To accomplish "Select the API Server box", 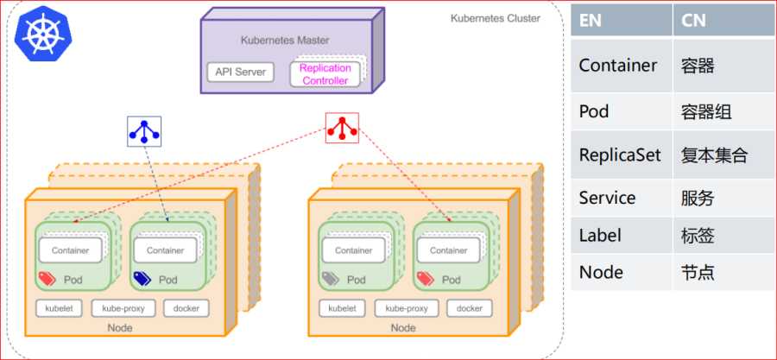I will point(240,72).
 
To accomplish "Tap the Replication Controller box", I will point(325,73).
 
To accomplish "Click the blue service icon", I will point(143,129).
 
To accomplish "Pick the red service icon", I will point(342,129).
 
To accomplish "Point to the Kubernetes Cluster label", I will point(496,18).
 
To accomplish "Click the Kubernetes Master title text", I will point(284,40).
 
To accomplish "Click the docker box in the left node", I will point(186,308).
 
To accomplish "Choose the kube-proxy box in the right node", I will point(407,308).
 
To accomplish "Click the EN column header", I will point(591,20).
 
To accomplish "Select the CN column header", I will point(693,20).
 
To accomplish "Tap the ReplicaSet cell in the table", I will point(620,155).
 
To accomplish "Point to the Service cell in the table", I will point(607,198).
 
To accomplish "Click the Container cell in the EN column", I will point(618,66).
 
